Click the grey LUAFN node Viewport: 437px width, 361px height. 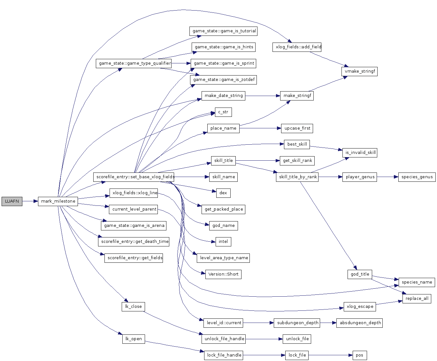12,201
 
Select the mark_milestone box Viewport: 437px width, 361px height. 58,201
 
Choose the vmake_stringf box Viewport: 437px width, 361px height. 360,71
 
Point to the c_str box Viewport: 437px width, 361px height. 223,112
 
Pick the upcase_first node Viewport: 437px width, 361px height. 297,128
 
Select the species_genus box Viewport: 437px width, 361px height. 417,177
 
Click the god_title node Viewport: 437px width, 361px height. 360,274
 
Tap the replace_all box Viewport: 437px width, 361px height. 417,298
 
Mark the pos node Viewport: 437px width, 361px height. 359,355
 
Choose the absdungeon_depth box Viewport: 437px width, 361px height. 360,323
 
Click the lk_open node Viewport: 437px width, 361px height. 134,339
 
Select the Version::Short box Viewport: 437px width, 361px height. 223,274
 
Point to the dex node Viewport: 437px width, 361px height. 223,193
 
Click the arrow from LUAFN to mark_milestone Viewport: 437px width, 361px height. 30,201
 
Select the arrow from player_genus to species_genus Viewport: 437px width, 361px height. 387,177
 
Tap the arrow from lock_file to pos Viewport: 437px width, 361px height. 331,355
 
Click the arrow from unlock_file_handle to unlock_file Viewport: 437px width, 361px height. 264,339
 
